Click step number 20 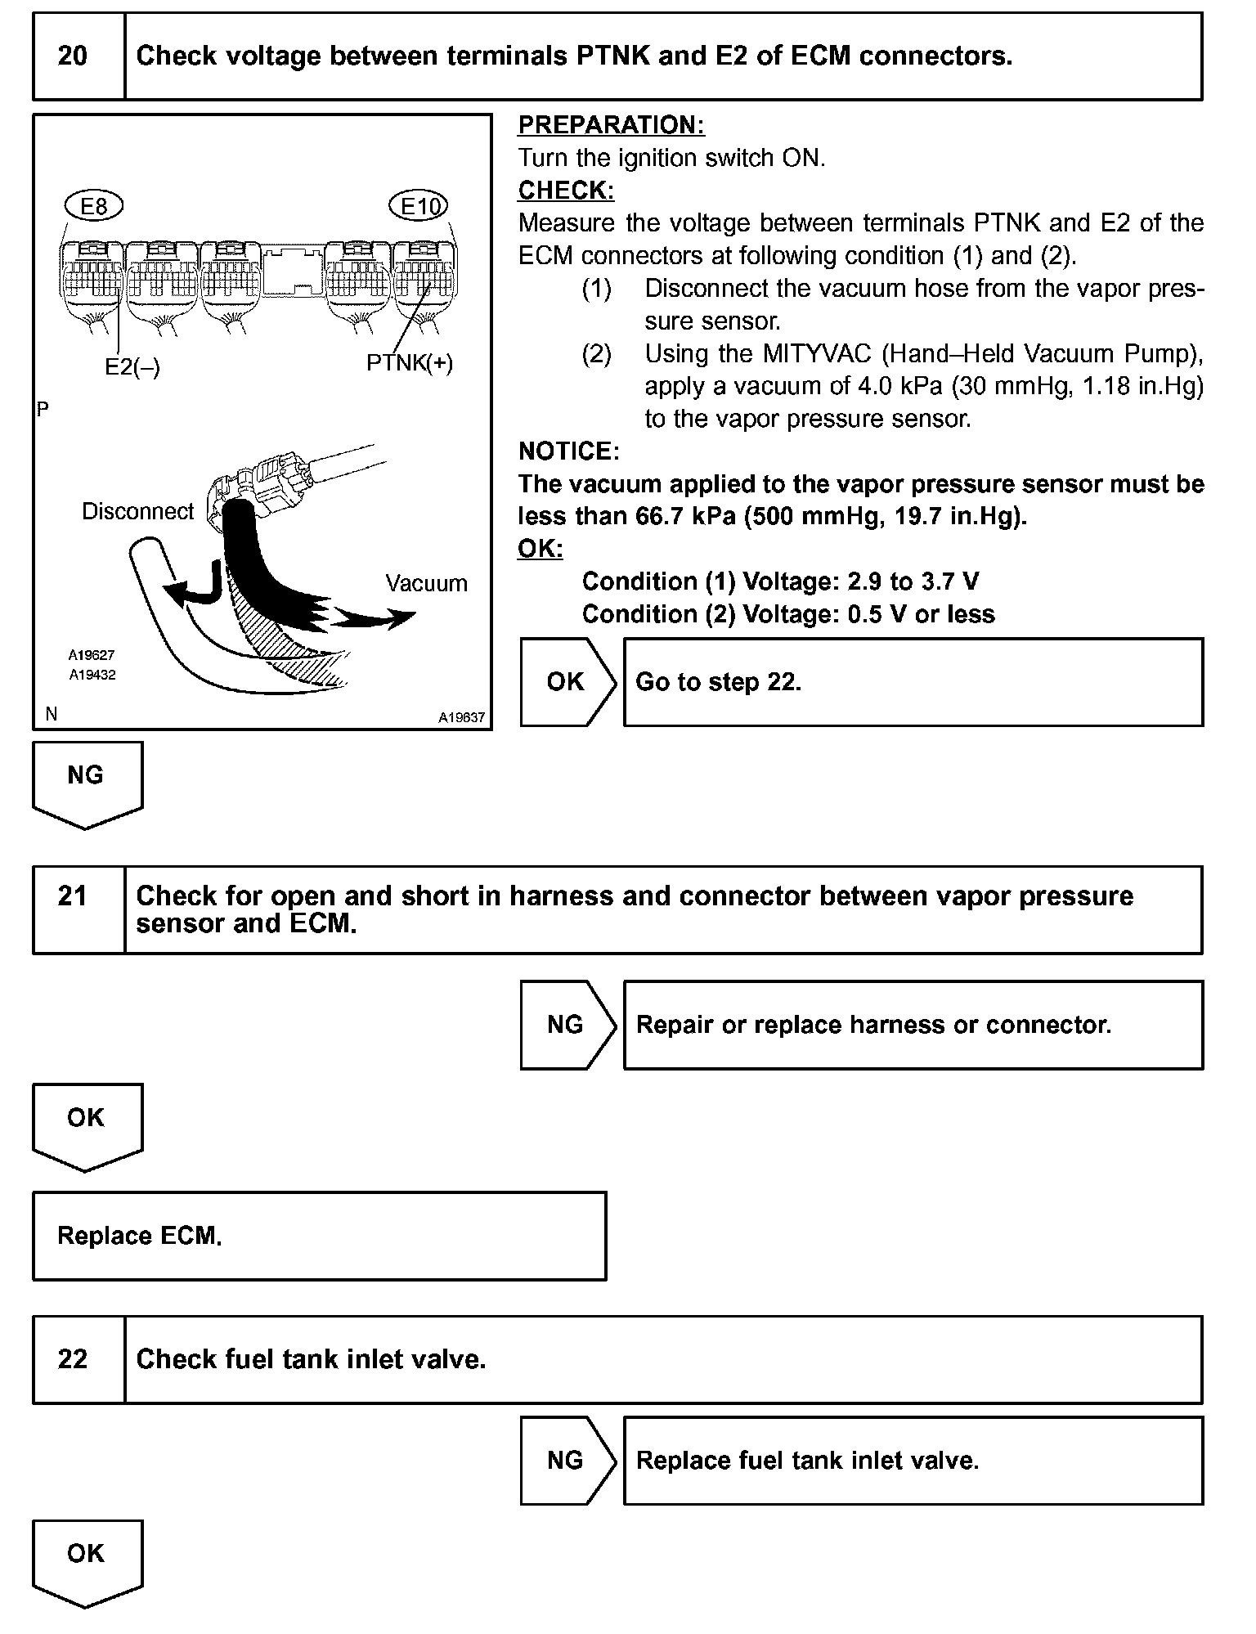73,56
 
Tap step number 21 73,896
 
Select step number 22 73,1359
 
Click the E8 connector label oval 94,207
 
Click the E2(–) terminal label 132,367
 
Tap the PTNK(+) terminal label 409,362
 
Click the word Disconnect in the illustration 138,512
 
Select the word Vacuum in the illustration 426,583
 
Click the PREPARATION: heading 612,125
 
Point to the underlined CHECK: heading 566,191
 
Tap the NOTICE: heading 569,451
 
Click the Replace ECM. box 319,1236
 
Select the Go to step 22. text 718,682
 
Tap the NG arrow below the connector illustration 87,781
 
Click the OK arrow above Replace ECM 87,1123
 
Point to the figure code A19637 461,718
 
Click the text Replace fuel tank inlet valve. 807,1461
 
